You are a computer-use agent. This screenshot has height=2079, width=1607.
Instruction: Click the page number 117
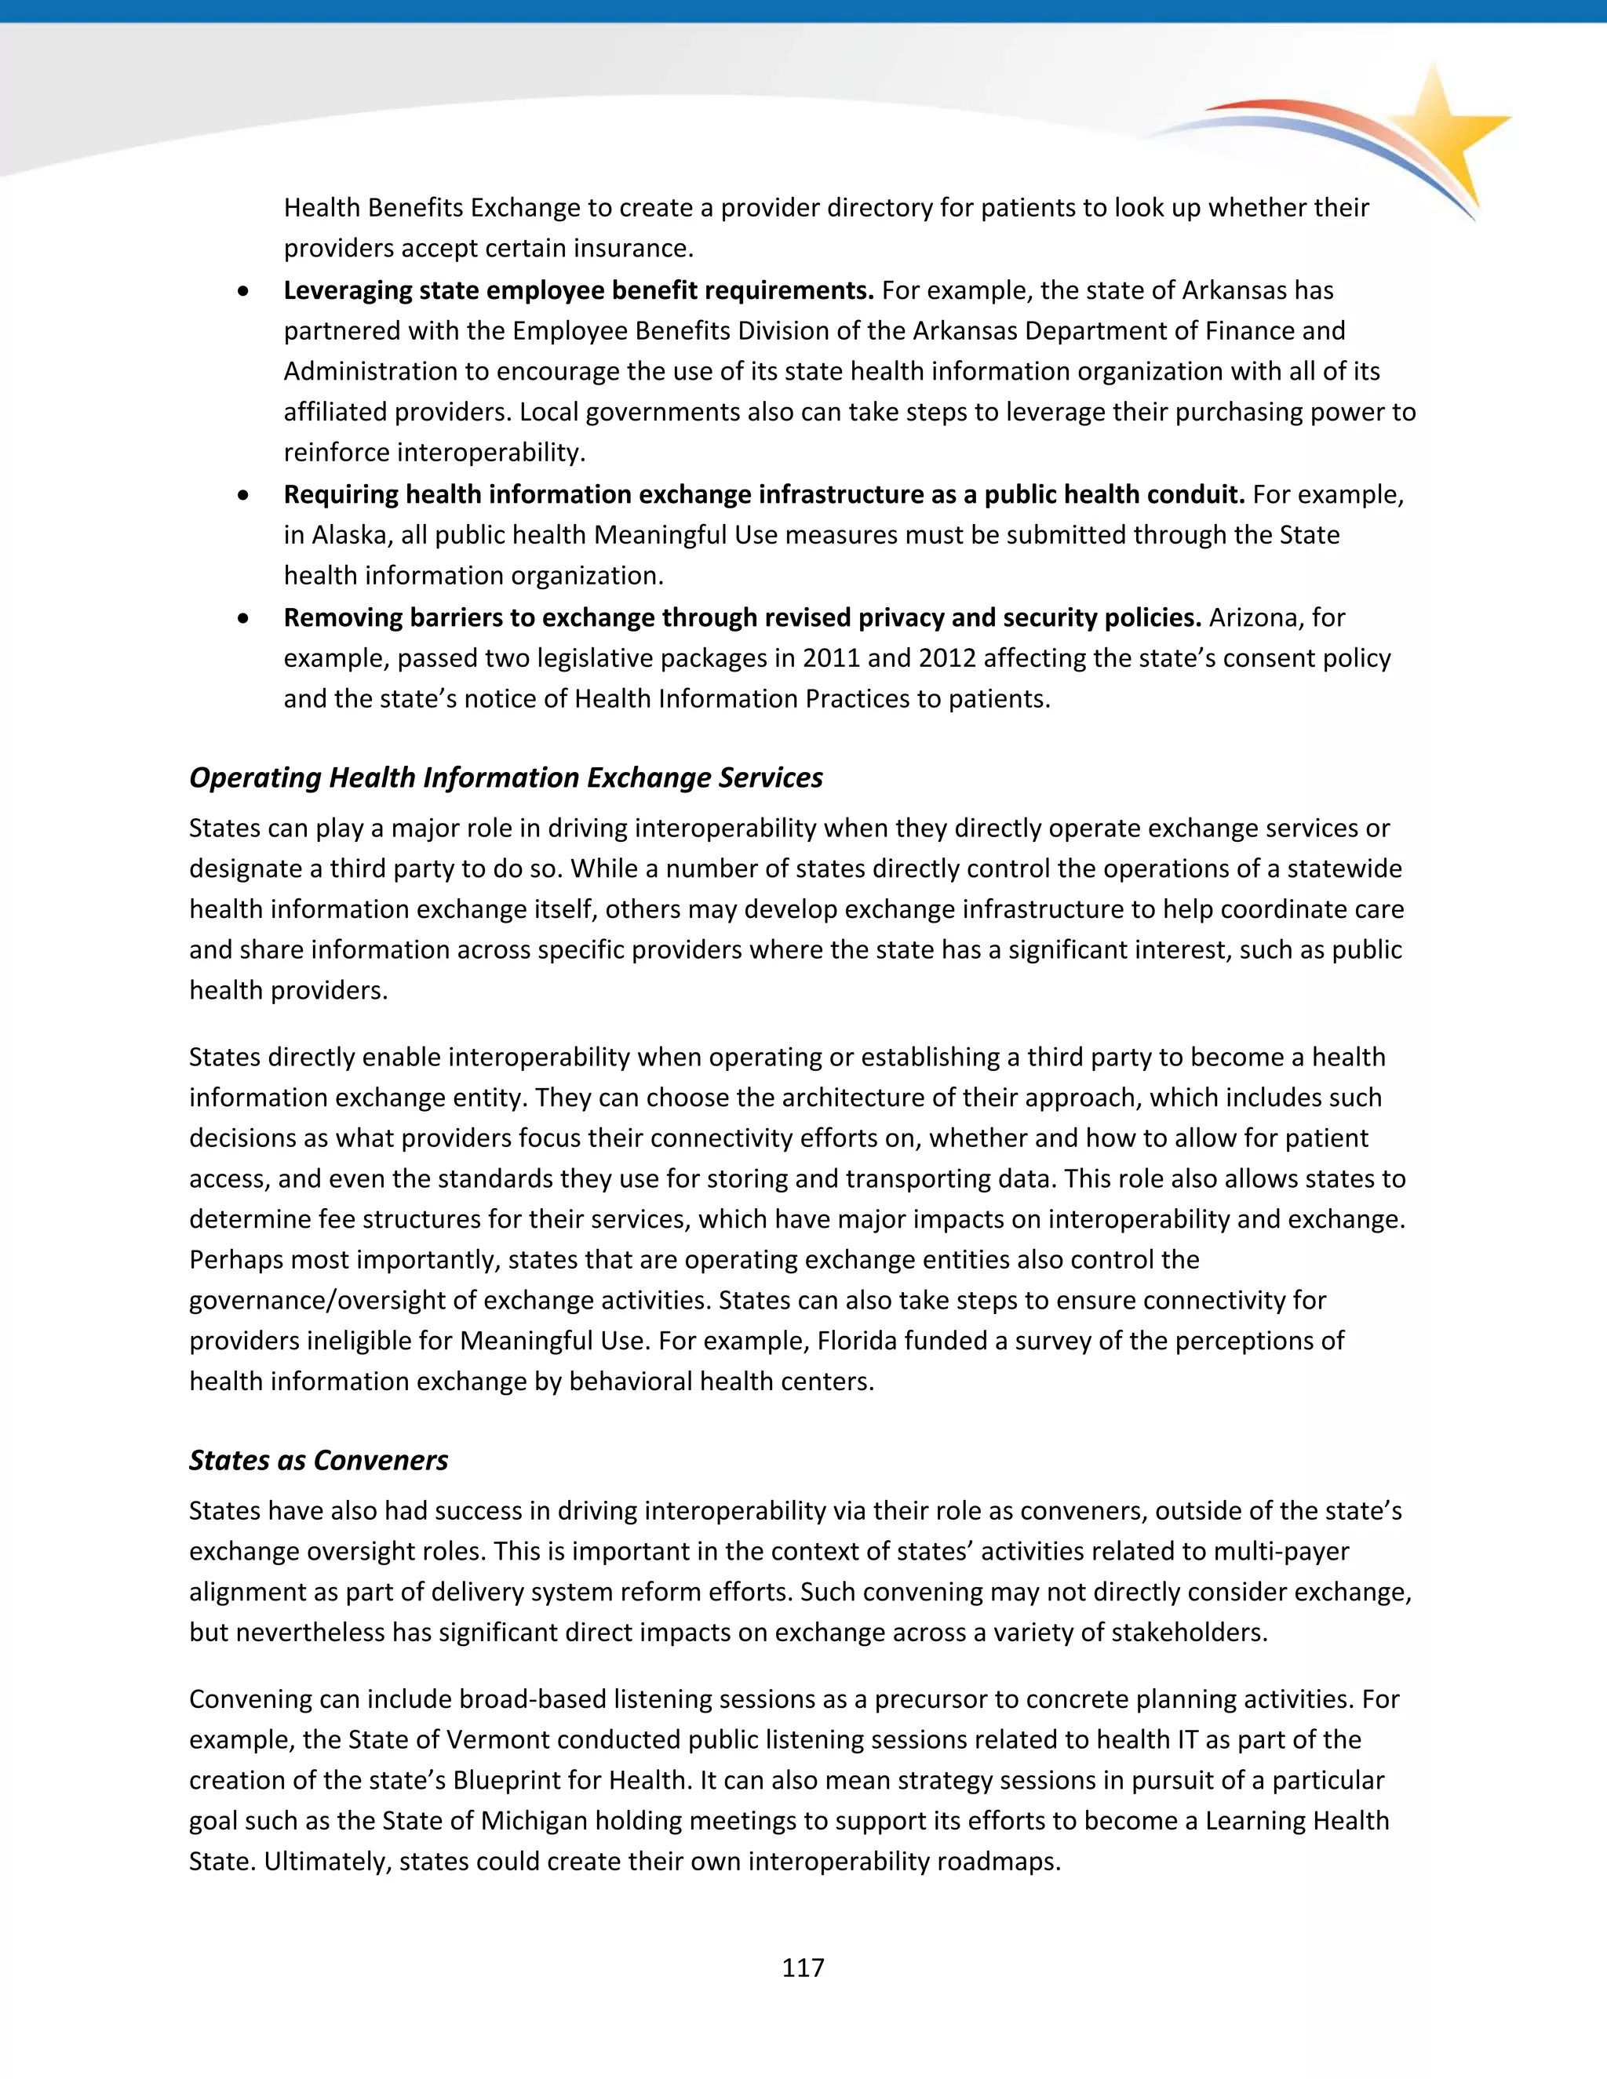803,1968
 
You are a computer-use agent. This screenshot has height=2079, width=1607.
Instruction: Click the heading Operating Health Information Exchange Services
505,777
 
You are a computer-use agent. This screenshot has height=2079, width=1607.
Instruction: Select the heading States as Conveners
318,1460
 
